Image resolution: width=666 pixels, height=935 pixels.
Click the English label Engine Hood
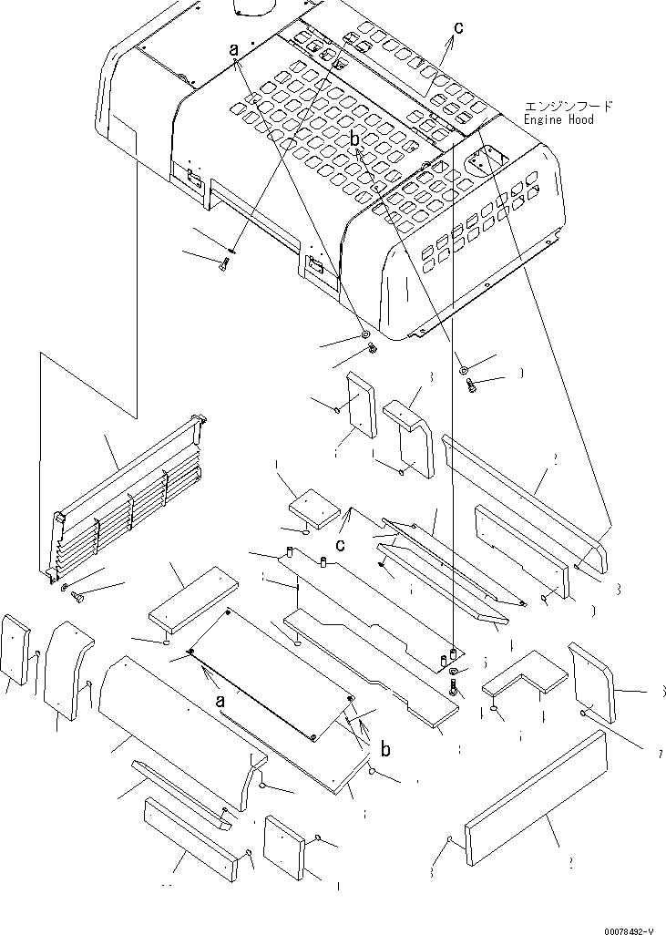[x=559, y=119]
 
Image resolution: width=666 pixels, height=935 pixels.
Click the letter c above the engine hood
[x=458, y=28]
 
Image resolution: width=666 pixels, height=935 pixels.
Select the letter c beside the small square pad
[x=339, y=546]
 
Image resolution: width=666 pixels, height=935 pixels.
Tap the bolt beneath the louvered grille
[x=77, y=598]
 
